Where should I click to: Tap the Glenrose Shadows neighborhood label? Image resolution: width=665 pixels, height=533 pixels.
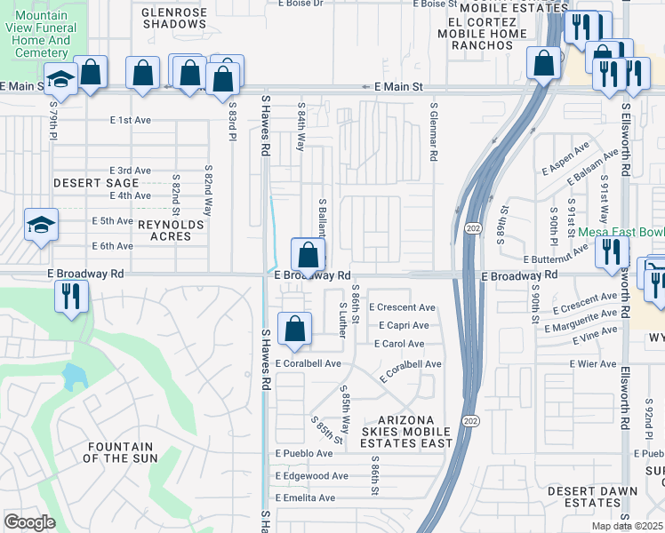click(x=174, y=18)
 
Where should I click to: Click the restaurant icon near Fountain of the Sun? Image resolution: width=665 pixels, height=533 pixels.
click(x=72, y=295)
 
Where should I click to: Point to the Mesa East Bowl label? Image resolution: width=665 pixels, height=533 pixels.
click(x=621, y=232)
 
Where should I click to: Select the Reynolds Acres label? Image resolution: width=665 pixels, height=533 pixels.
click(x=171, y=232)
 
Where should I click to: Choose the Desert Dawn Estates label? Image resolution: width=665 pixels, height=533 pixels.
click(x=592, y=497)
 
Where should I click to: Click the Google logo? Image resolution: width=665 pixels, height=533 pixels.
click(x=29, y=522)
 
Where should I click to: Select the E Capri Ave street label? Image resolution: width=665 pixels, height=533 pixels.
click(x=405, y=326)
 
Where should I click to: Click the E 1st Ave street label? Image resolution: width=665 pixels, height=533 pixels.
click(x=131, y=120)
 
